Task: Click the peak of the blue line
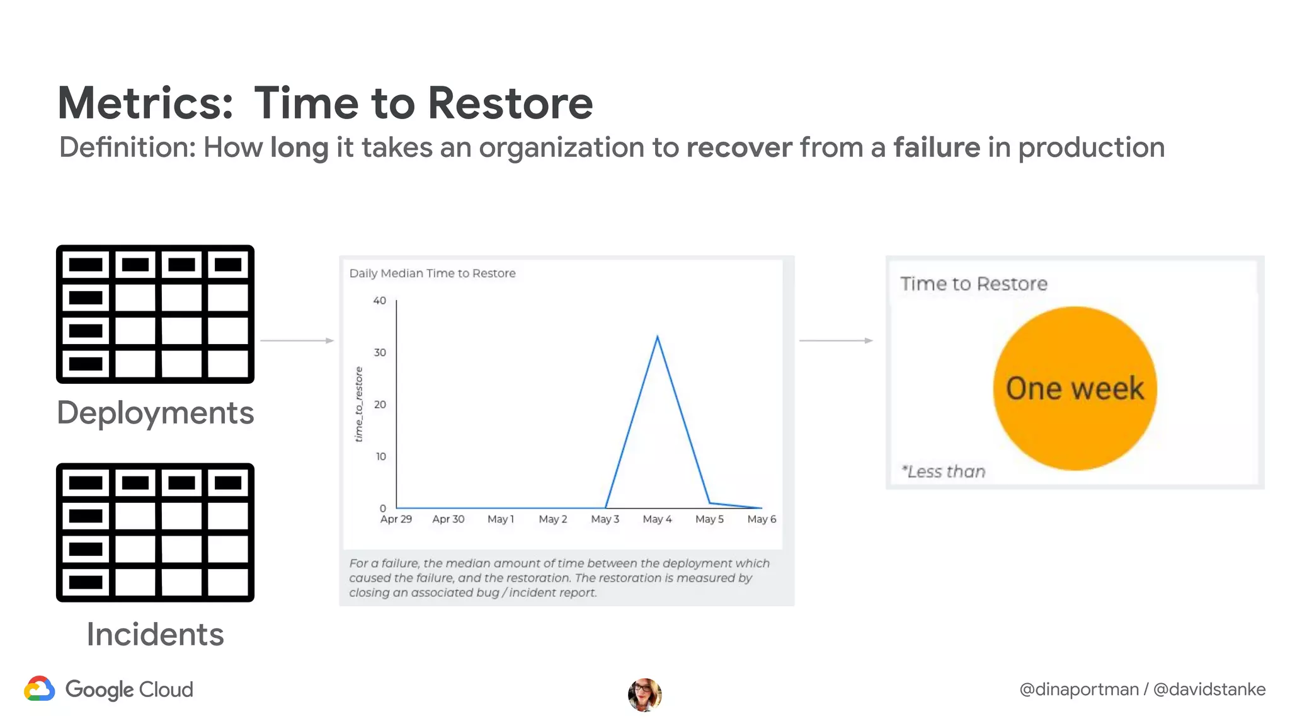pyautogui.click(x=658, y=338)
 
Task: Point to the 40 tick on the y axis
pyautogui.click(x=380, y=301)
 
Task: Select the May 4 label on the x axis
pyautogui.click(x=657, y=519)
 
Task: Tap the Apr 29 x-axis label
pyautogui.click(x=396, y=519)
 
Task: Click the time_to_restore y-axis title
pyautogui.click(x=359, y=404)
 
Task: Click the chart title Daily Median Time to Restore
pyautogui.click(x=432, y=274)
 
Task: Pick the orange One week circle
pyautogui.click(x=1075, y=388)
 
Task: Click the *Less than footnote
pyautogui.click(x=943, y=471)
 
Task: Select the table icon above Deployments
pyautogui.click(x=155, y=314)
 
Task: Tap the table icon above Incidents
pyautogui.click(x=155, y=533)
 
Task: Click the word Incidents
pyautogui.click(x=155, y=634)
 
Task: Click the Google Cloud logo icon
pyautogui.click(x=40, y=689)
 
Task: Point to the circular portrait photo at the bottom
pyautogui.click(x=644, y=694)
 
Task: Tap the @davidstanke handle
pyautogui.click(x=1209, y=689)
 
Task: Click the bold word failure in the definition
pyautogui.click(x=937, y=147)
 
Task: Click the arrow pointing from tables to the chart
pyautogui.click(x=297, y=340)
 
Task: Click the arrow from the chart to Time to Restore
pyautogui.click(x=836, y=340)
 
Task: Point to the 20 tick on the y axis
pyautogui.click(x=380, y=405)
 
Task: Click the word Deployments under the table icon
pyautogui.click(x=155, y=413)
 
